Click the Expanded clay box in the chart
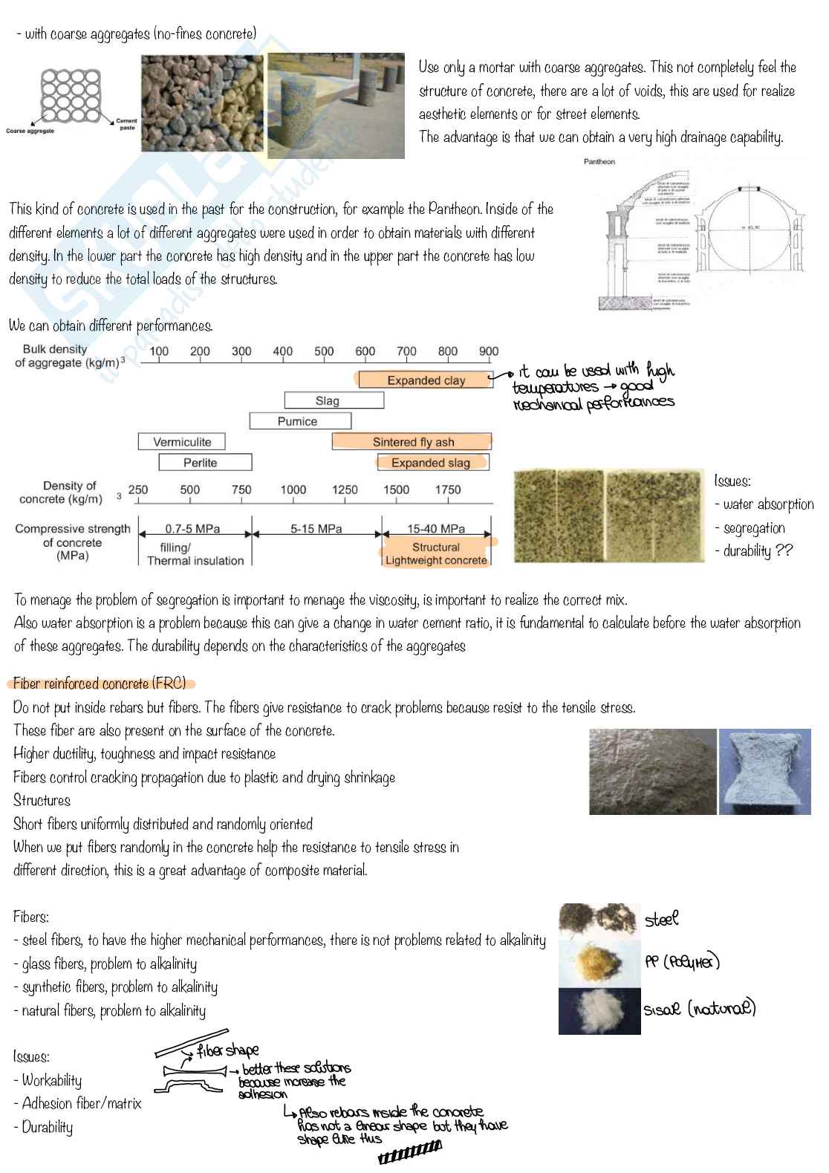click(426, 380)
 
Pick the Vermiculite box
click(182, 442)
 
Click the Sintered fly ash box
click(412, 442)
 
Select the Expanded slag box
click(431, 463)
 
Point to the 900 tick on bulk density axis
click(488, 351)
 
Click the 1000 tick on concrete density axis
click(293, 490)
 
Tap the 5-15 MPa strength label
click(316, 529)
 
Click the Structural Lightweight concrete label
click(436, 553)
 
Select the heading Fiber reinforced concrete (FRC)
click(100, 683)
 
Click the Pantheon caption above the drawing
click(599, 161)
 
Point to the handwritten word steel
click(661, 920)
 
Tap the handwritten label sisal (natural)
click(699, 1009)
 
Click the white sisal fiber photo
click(599, 1011)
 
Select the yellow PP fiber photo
click(599, 964)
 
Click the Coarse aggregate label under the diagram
click(30, 131)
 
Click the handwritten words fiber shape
click(228, 1050)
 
